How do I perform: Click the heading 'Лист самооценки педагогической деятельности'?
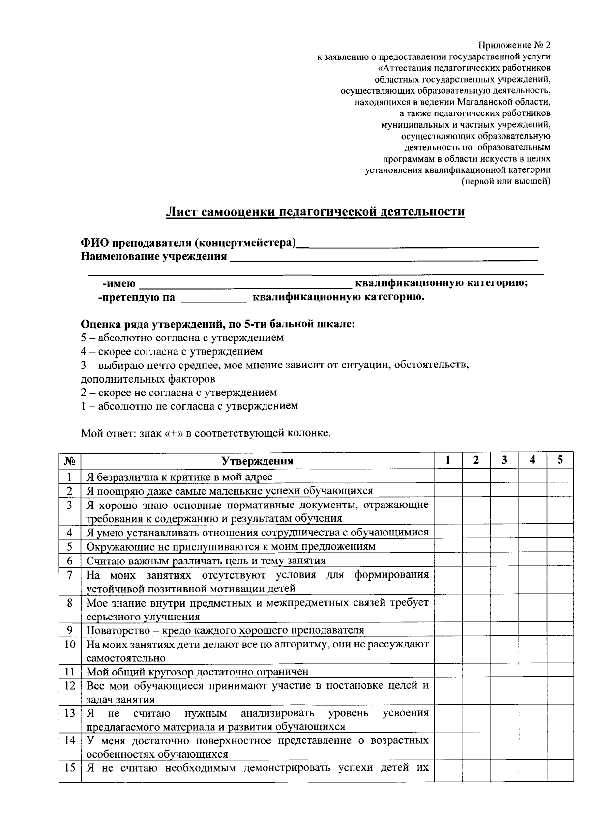tap(315, 212)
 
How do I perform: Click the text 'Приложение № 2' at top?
tap(514, 45)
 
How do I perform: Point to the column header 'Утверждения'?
tap(257, 461)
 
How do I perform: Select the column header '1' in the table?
tap(447, 460)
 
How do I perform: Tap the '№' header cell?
tap(69, 461)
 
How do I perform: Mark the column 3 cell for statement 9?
tap(504, 630)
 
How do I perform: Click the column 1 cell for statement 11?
tap(447, 672)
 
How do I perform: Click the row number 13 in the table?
tap(69, 713)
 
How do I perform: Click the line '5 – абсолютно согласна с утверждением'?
tap(182, 338)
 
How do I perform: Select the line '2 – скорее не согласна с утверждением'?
tap(178, 393)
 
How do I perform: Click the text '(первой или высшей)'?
tap(505, 181)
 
